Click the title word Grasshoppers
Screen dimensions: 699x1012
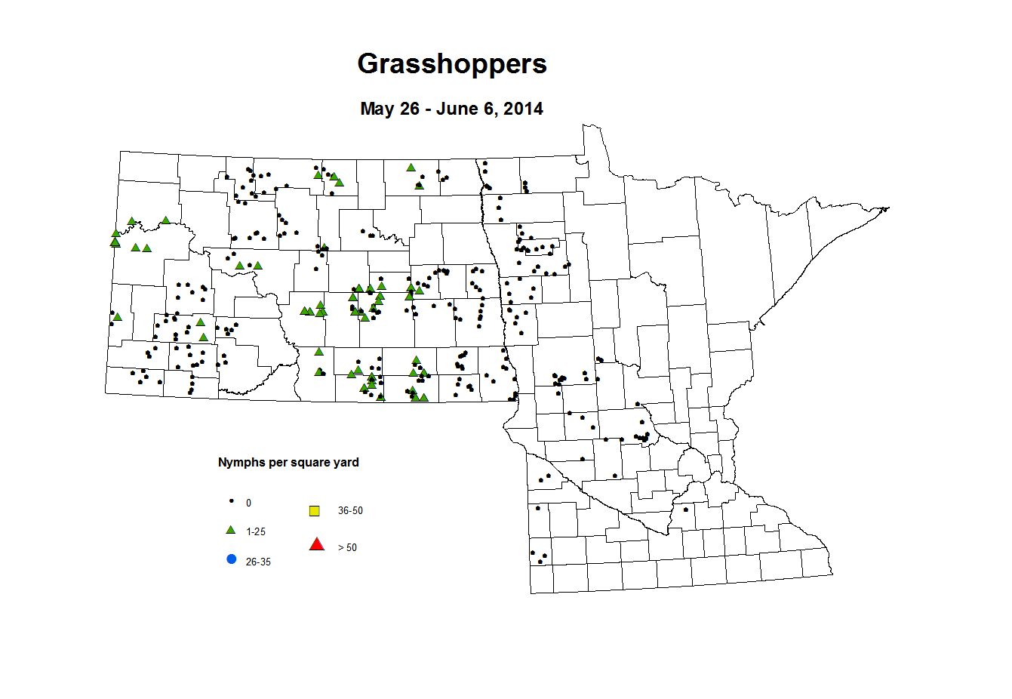(x=451, y=64)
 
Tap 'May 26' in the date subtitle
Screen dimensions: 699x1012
(x=389, y=109)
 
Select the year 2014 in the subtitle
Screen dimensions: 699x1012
(x=523, y=109)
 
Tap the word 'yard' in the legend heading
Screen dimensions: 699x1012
(x=346, y=462)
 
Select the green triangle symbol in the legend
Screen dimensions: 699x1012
(x=231, y=530)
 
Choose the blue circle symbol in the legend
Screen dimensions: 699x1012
(x=232, y=559)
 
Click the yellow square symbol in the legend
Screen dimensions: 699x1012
(x=315, y=511)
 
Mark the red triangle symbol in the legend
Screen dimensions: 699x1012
(x=317, y=544)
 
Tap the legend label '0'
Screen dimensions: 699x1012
(x=248, y=503)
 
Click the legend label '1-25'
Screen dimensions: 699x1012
(x=256, y=532)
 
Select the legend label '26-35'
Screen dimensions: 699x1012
(x=258, y=562)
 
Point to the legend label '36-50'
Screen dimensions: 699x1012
(x=350, y=511)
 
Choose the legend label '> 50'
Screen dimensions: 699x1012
(x=347, y=548)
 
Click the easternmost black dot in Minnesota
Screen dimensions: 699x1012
(x=685, y=509)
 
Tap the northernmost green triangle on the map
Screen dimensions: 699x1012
(x=411, y=168)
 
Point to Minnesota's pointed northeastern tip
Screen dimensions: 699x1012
(x=888, y=208)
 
